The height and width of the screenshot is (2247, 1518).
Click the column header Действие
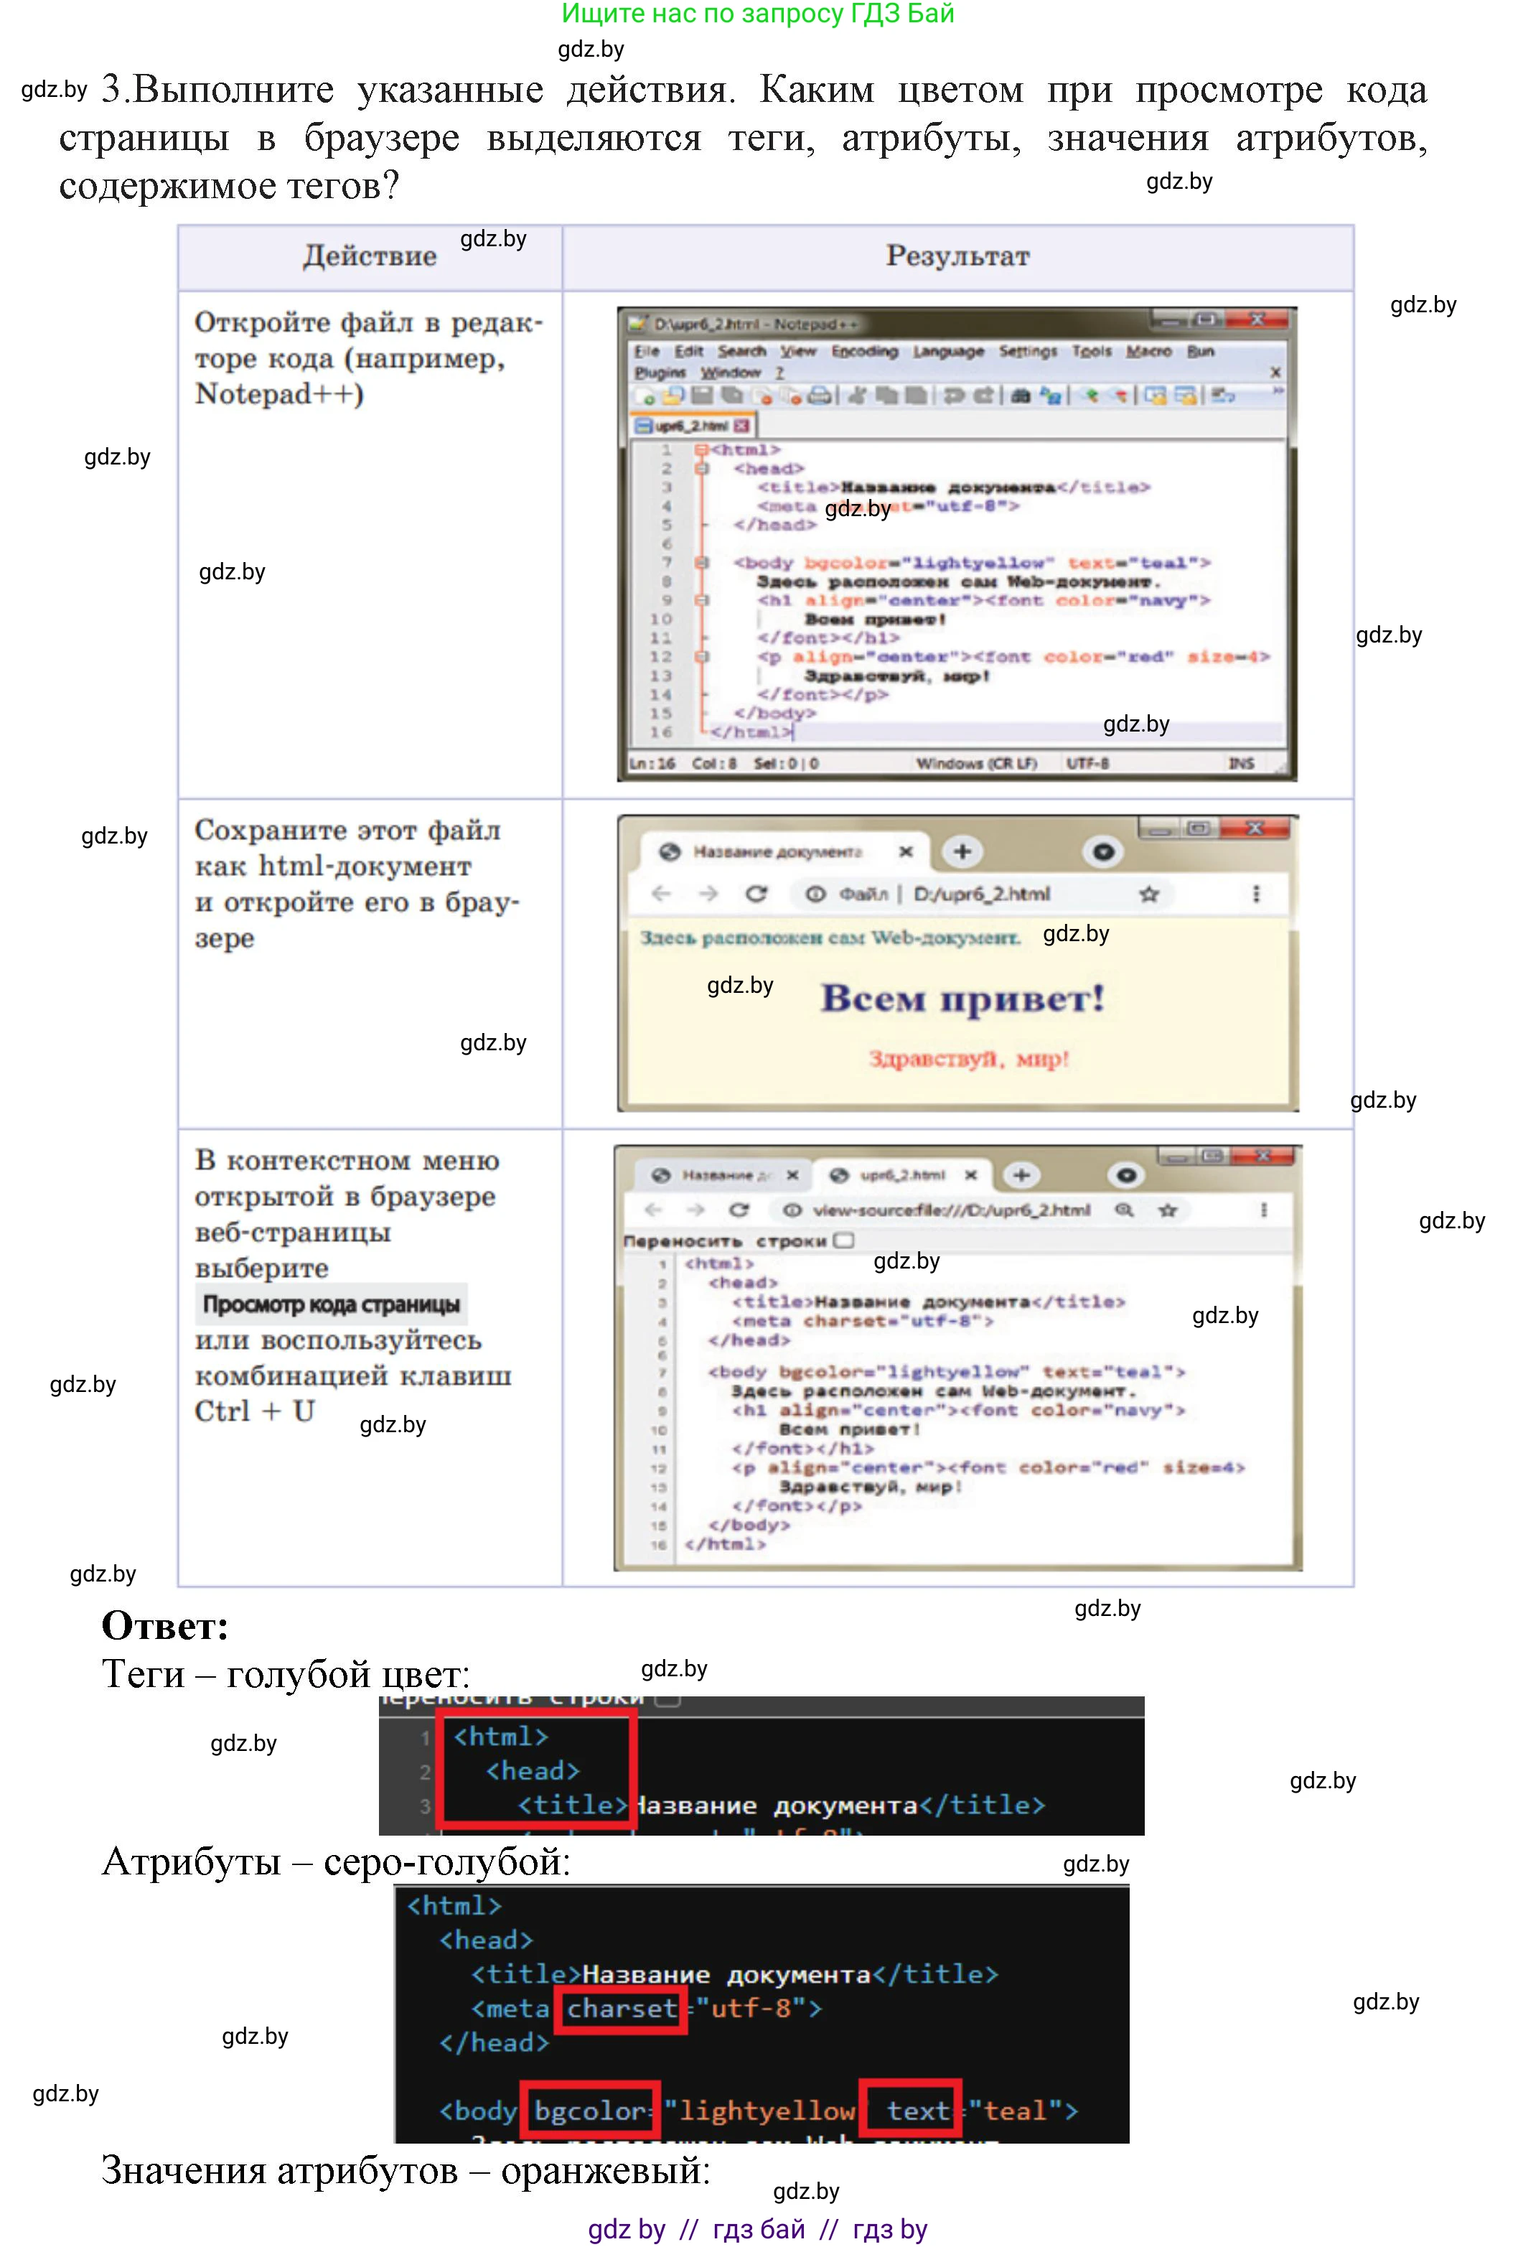(x=370, y=256)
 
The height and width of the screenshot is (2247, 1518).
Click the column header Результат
(x=957, y=256)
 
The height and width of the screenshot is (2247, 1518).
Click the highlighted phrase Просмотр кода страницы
(x=331, y=1304)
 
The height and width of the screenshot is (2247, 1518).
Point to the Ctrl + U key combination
(x=254, y=1411)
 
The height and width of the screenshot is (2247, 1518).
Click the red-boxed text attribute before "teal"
(x=910, y=2111)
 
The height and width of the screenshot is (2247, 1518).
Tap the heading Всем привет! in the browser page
(x=962, y=998)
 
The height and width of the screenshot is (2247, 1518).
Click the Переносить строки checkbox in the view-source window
(x=844, y=1241)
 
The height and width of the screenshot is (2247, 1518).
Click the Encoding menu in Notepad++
(x=864, y=351)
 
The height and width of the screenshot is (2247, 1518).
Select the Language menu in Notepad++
(x=947, y=351)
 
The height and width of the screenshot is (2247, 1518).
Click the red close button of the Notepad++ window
(x=1256, y=319)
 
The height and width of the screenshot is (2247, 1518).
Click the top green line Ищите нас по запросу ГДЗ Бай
(x=758, y=14)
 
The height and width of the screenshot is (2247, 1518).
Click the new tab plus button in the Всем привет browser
(x=962, y=852)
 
